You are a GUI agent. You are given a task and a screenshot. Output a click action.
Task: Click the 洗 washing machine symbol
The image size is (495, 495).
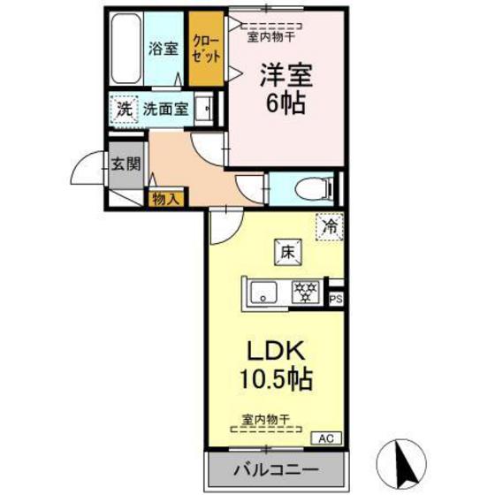pos(124,111)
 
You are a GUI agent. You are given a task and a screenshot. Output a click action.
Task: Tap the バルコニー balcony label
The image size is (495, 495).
pos(274,468)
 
